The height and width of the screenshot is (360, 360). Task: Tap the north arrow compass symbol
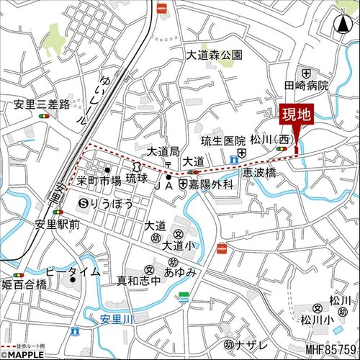[x=340, y=24]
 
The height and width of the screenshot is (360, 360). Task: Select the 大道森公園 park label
[x=215, y=55]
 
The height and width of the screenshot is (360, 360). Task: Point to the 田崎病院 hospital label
[x=305, y=85]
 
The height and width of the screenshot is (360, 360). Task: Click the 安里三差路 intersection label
[x=41, y=104]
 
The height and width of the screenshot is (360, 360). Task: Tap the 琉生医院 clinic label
[x=223, y=140]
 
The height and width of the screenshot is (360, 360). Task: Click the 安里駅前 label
[x=56, y=223]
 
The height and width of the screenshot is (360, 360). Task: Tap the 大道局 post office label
[x=162, y=151]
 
